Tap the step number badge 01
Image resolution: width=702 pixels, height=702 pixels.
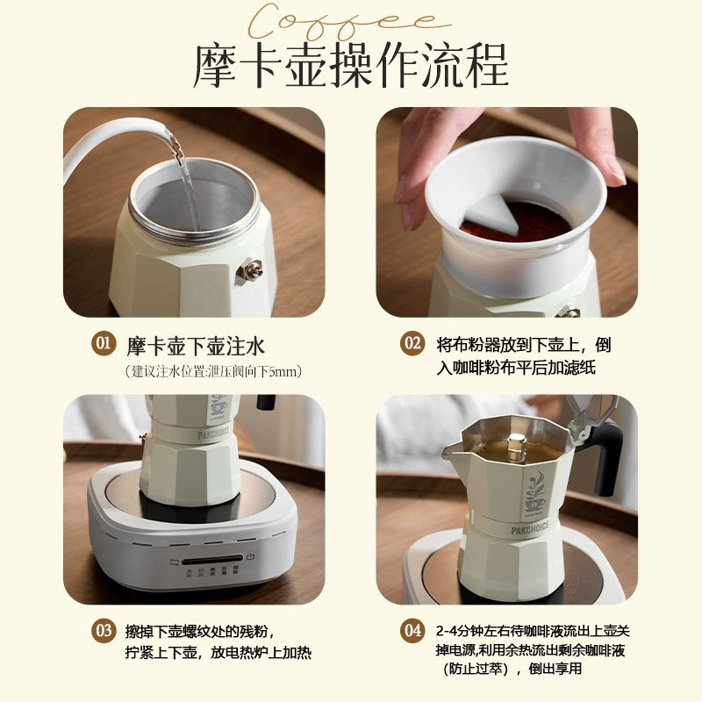click(104, 343)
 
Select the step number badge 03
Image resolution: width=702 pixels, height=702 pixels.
click(104, 630)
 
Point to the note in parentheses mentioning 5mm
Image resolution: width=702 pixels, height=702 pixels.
click(213, 371)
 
